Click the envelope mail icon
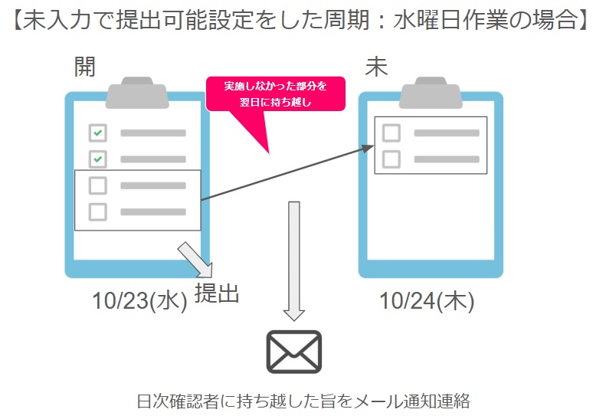tap(294, 352)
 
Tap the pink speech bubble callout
tap(275, 94)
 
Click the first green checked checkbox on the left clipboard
tap(97, 133)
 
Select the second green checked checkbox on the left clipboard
tap(97, 159)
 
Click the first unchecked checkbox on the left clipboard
tap(97, 185)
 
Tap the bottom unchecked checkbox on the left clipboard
tap(97, 211)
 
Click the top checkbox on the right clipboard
tap(391, 133)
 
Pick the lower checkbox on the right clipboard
tap(391, 159)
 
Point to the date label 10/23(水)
tap(139, 301)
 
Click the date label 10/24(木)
tap(427, 301)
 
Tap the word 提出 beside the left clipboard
tap(217, 293)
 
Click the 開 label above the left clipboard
tap(85, 67)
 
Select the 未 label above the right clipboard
tap(376, 67)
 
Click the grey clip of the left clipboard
tap(137, 93)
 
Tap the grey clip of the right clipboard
tap(431, 93)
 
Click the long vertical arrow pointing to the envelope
tap(294, 261)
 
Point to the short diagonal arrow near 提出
tap(195, 260)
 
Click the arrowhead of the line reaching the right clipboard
tap(367, 148)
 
